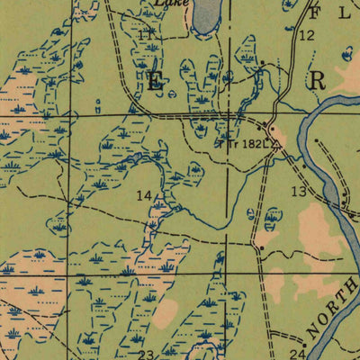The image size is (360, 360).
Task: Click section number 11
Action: point(147,34)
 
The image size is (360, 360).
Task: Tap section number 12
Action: point(307,35)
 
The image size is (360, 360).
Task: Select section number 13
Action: point(299,191)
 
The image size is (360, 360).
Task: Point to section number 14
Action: point(144,195)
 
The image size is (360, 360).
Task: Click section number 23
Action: point(146,354)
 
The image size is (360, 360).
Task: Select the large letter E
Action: point(156,81)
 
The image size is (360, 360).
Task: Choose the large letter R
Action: point(318,81)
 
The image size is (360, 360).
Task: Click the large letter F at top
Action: point(315,13)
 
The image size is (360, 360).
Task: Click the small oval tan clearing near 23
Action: point(166,314)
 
